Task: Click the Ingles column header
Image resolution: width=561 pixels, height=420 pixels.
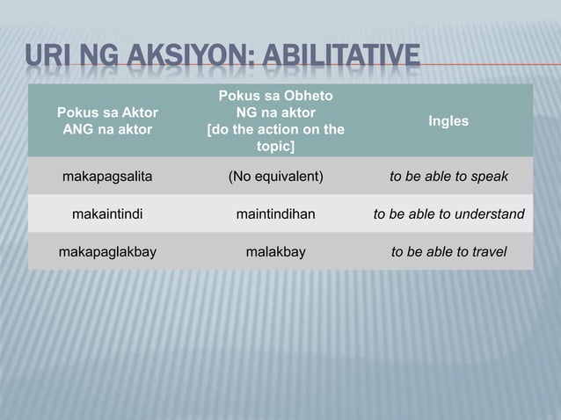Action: coord(448,120)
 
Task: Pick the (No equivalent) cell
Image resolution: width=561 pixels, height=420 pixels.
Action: coord(276,177)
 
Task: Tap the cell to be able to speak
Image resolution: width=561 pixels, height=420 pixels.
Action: coord(448,177)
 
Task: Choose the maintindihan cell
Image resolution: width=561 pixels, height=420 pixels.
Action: coord(276,214)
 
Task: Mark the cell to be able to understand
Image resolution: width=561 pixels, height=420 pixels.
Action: coord(448,214)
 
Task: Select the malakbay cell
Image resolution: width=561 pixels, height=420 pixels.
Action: coord(276,252)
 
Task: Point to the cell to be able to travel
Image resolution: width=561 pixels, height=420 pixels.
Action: coord(448,252)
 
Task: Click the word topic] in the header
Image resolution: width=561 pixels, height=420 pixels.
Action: coord(276,147)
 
